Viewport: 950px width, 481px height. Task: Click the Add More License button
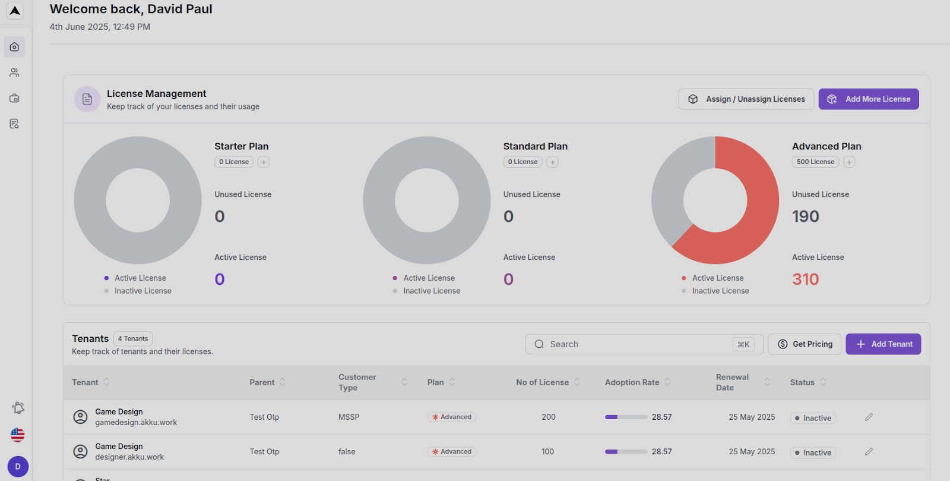pyautogui.click(x=868, y=99)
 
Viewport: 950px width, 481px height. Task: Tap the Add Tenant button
pyautogui.click(x=883, y=344)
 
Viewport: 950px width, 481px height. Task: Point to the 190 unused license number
pyautogui.click(x=805, y=216)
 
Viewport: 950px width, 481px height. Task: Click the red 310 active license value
pyautogui.click(x=805, y=279)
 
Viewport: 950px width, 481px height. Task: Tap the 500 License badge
pyautogui.click(x=815, y=162)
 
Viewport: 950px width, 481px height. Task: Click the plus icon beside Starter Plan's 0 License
pyautogui.click(x=264, y=162)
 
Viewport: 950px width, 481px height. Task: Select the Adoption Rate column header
pyautogui.click(x=632, y=382)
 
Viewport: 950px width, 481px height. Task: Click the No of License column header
pyautogui.click(x=542, y=382)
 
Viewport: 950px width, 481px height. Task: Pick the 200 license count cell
pyautogui.click(x=548, y=417)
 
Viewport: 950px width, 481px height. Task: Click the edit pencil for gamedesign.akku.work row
pyautogui.click(x=869, y=417)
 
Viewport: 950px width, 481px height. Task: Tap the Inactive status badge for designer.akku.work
pyautogui.click(x=813, y=452)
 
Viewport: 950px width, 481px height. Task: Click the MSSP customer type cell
pyautogui.click(x=349, y=417)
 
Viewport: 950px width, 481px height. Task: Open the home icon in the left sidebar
pyautogui.click(x=14, y=47)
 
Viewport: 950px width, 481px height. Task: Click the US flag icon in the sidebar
pyautogui.click(x=17, y=435)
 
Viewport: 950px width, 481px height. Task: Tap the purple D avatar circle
pyautogui.click(x=18, y=467)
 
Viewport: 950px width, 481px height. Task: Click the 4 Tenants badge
pyautogui.click(x=133, y=339)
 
